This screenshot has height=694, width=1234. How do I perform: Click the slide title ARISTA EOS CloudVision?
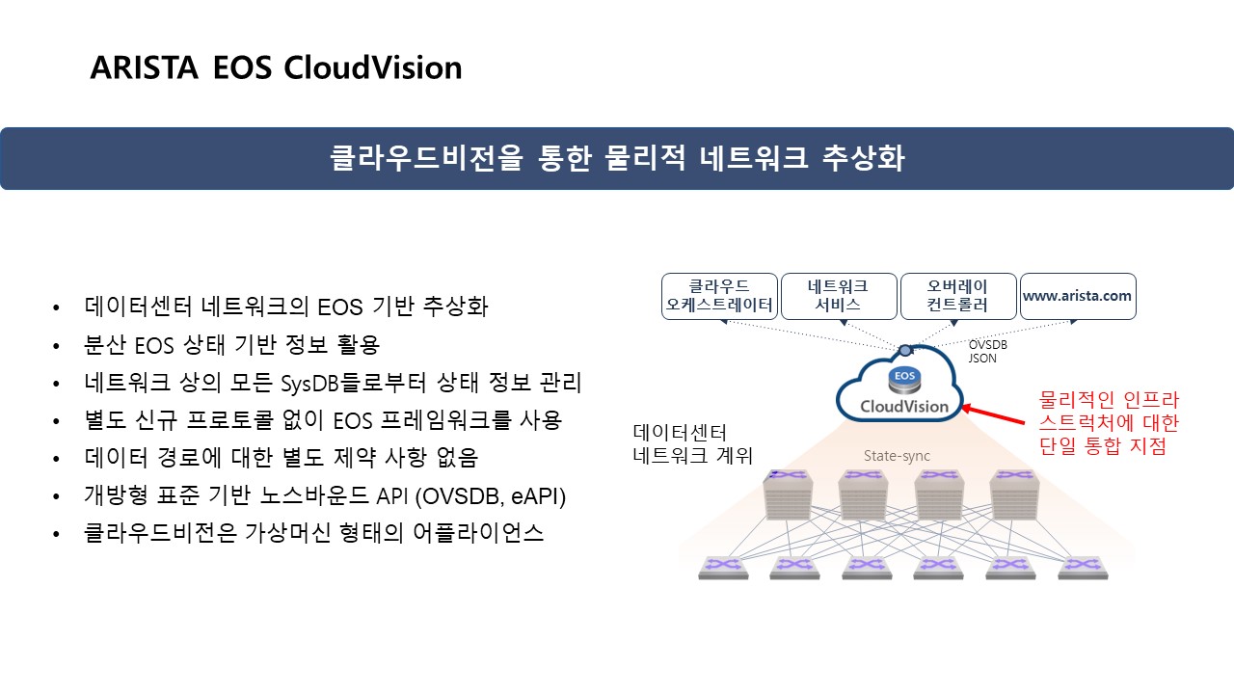pos(276,68)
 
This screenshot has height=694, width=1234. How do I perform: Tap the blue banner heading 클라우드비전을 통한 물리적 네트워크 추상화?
pos(617,158)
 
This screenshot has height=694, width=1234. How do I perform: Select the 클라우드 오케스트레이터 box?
pos(719,296)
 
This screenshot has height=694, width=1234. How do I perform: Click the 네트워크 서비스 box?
pos(837,296)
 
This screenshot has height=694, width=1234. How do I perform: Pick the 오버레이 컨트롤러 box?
pos(957,296)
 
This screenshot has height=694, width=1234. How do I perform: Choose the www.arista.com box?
pos(1077,296)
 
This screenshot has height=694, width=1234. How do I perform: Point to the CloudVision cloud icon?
pos(899,391)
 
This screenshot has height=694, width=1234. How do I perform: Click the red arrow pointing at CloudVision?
pos(993,416)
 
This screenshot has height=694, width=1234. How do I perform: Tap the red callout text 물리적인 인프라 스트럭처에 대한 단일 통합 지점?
pos(1108,422)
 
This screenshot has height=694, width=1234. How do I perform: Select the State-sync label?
pos(897,455)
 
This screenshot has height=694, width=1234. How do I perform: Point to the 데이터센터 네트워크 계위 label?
pos(691,443)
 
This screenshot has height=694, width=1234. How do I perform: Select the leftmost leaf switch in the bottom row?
pos(723,568)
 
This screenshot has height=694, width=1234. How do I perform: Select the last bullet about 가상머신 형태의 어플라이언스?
pos(313,533)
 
